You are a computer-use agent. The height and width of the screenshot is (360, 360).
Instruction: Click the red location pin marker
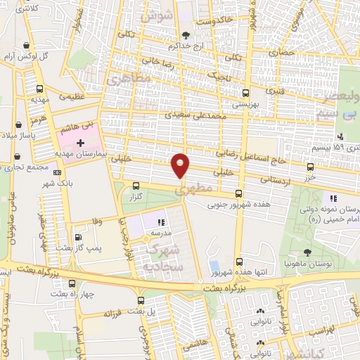(181, 165)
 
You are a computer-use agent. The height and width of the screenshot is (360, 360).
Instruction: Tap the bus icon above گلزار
(136, 186)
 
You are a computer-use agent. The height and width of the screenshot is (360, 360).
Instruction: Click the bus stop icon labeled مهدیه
(39, 89)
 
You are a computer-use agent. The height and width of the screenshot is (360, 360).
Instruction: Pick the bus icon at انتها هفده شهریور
(240, 261)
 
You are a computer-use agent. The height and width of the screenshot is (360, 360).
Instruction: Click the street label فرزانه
(112, 309)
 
